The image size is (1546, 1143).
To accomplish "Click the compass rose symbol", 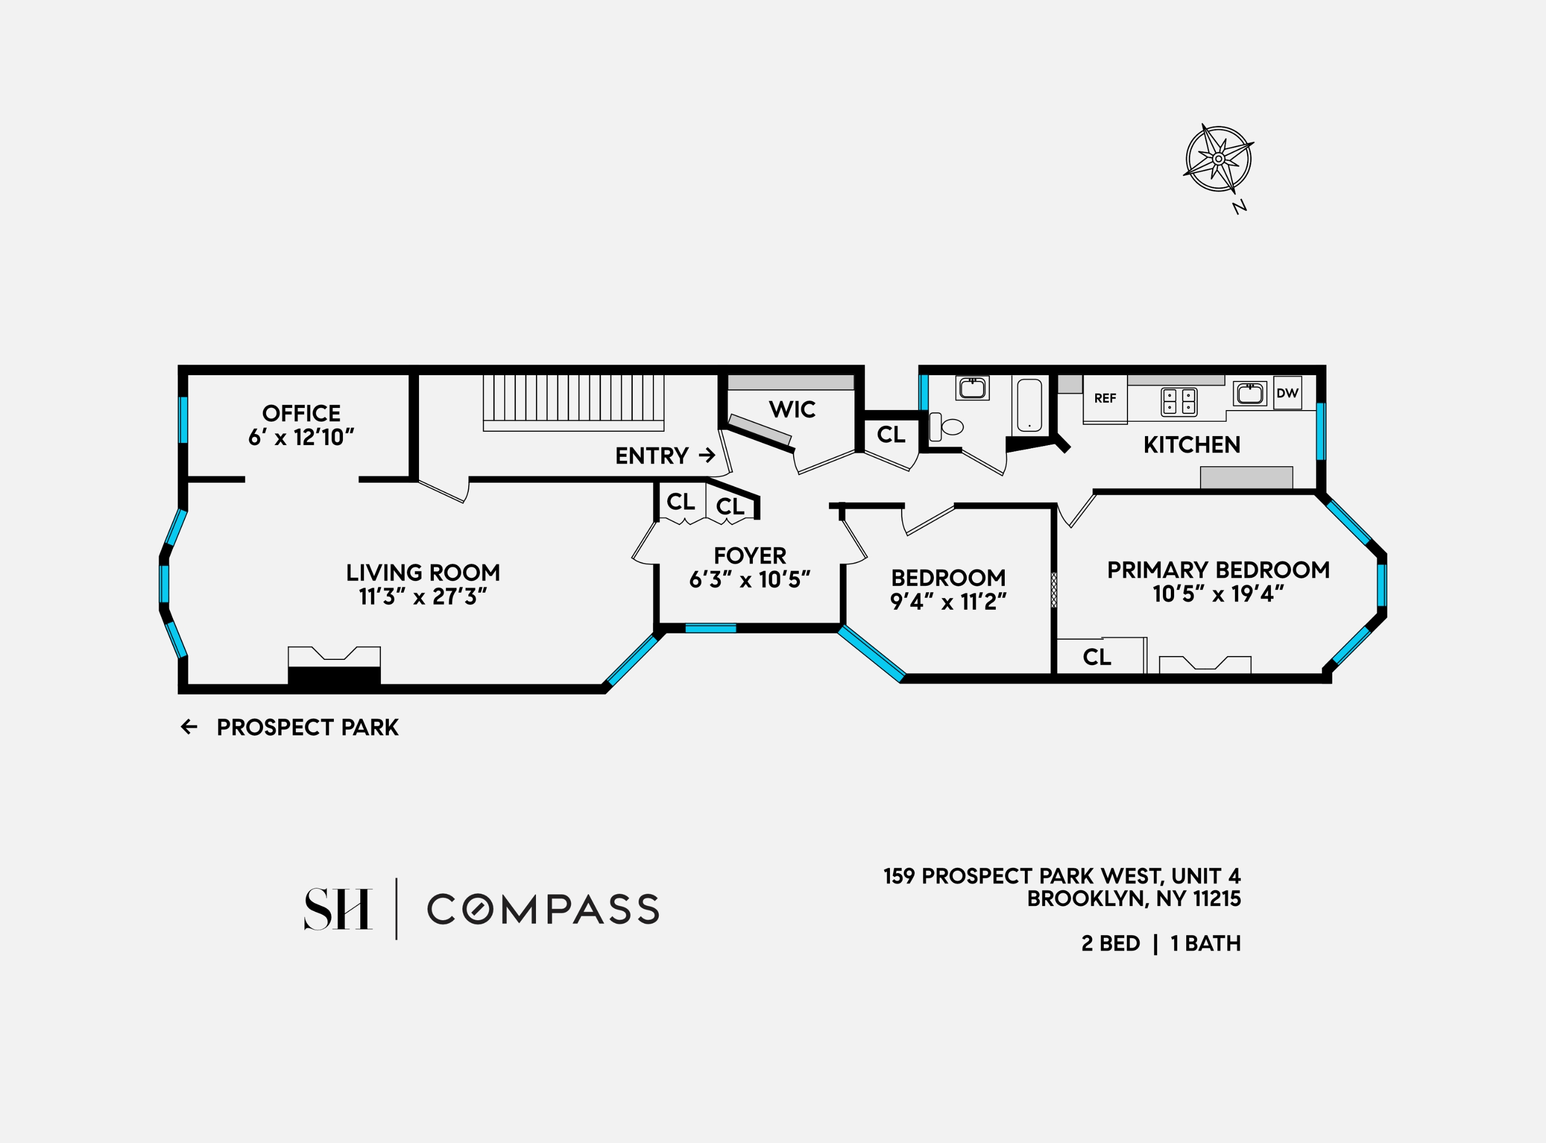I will (1218, 158).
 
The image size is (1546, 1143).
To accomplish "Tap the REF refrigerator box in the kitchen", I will (1105, 398).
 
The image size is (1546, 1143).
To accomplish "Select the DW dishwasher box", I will (1287, 393).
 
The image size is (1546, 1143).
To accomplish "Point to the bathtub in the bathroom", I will (1029, 405).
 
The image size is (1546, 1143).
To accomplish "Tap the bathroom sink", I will (972, 388).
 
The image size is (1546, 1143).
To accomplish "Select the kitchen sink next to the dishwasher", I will (1249, 393).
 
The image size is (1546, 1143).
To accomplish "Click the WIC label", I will (792, 410).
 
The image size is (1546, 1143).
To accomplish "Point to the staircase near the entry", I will (573, 403).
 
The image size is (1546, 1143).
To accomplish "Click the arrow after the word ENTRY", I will (707, 455).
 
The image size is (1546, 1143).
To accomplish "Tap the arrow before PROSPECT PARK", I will (189, 727).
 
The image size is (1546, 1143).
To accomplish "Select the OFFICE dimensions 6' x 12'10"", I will (301, 437).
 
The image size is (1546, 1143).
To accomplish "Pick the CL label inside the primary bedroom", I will (1096, 657).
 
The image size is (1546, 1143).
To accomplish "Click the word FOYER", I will (750, 556).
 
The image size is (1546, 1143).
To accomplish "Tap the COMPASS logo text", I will (543, 909).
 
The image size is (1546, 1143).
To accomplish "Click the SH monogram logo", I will (338, 909).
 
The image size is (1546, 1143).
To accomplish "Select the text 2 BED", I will (1110, 943).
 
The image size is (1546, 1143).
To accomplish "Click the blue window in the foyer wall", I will (711, 628).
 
